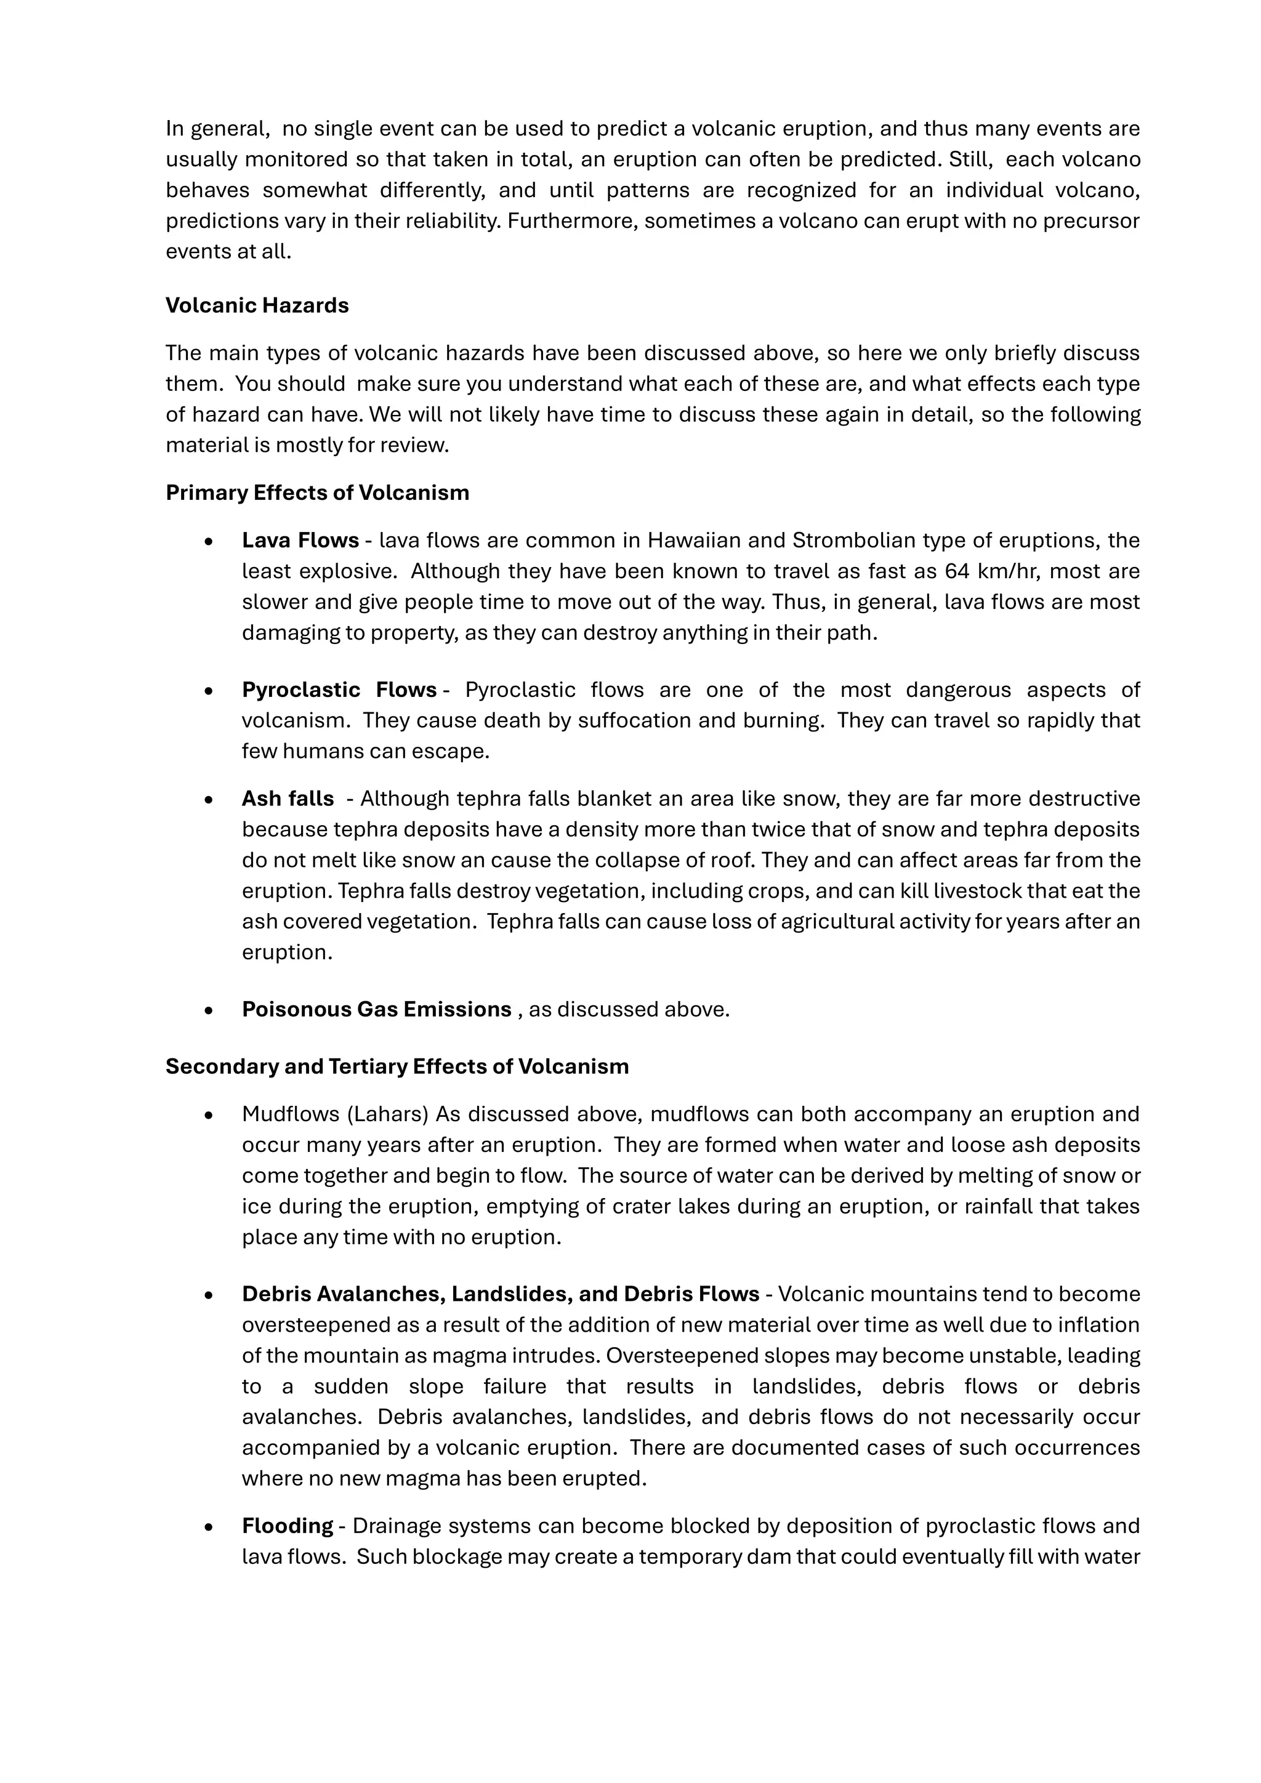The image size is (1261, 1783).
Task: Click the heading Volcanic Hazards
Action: pos(257,305)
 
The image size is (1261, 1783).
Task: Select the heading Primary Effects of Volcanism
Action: pos(317,493)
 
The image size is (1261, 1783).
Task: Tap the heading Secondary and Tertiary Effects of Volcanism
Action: pos(397,1066)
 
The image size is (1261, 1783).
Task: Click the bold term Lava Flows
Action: pos(300,540)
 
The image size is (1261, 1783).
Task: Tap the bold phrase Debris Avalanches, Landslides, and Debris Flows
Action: pos(500,1293)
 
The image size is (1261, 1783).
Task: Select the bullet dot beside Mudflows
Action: pos(208,1115)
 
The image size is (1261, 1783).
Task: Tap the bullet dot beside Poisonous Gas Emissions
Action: pos(208,1010)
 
